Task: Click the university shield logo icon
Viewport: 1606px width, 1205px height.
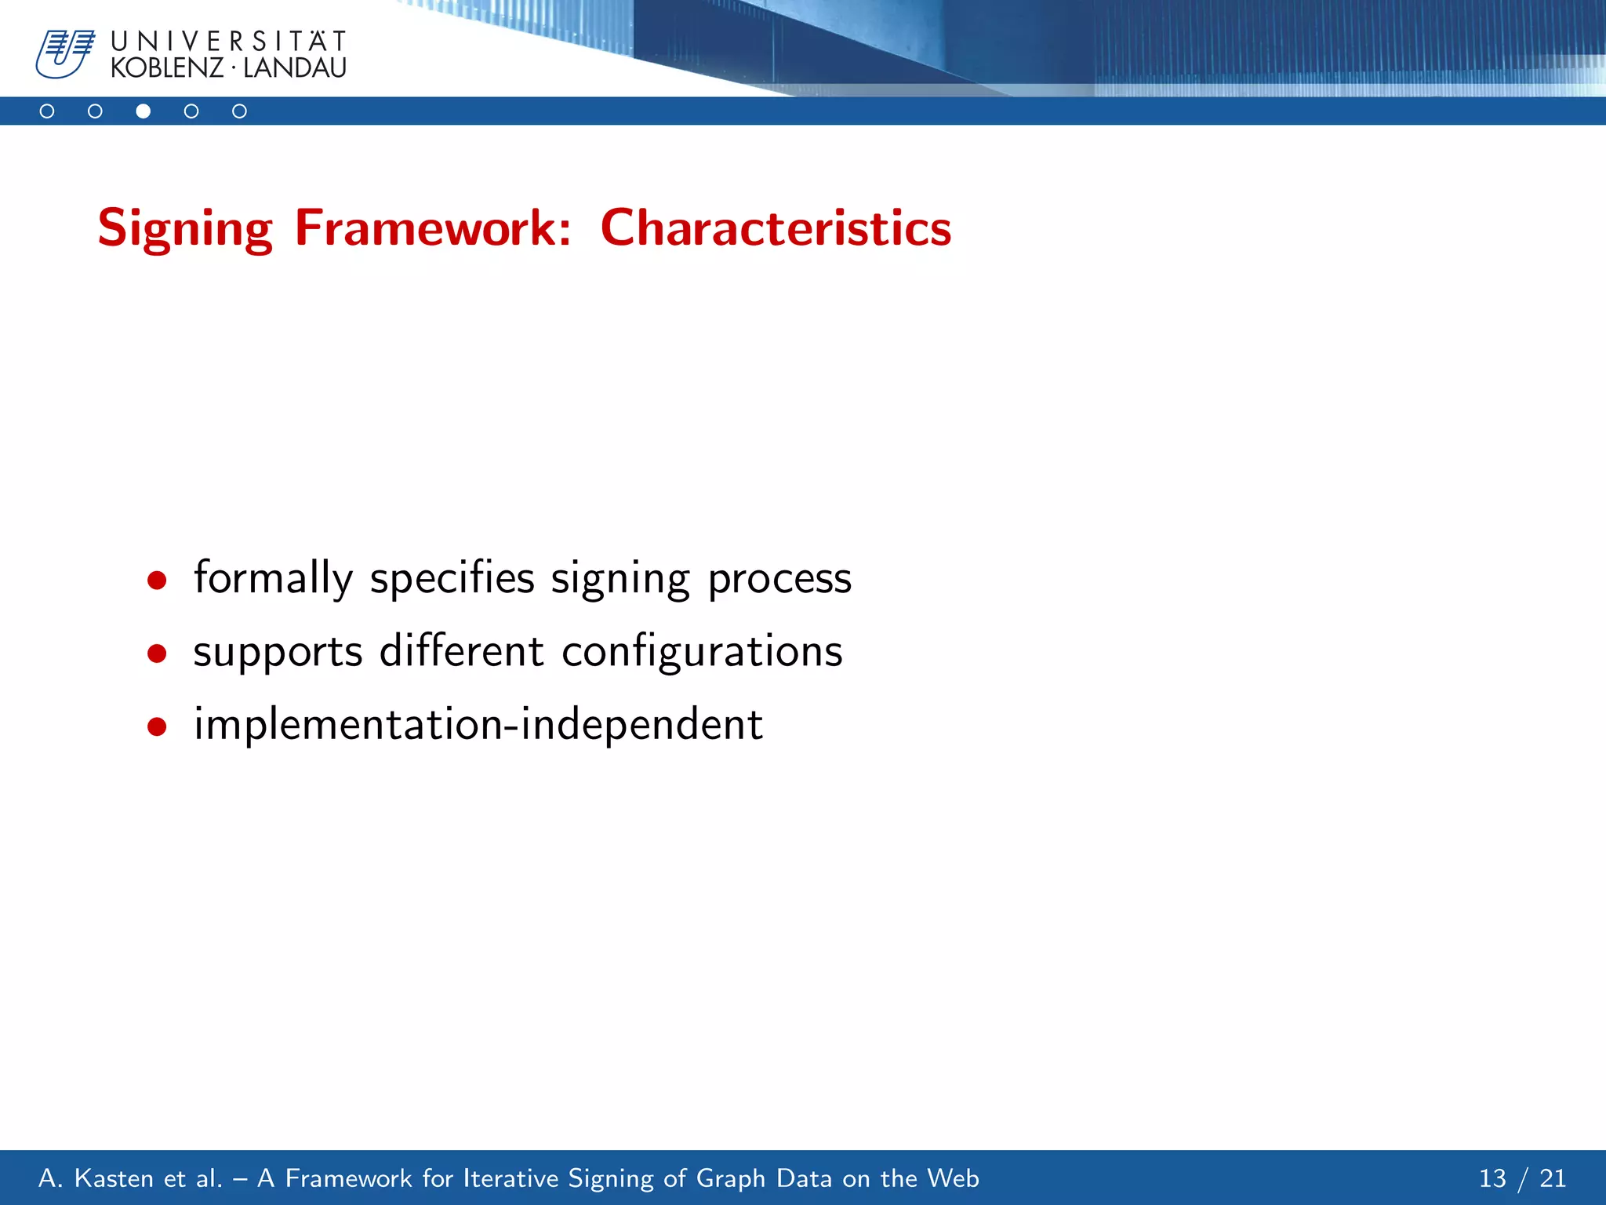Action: click(64, 53)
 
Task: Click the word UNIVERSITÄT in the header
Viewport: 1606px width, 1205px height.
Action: click(228, 41)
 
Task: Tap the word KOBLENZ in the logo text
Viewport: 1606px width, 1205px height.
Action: click(167, 68)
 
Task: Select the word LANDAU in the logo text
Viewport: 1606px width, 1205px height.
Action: click(294, 68)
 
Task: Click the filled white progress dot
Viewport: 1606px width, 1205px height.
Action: click(143, 111)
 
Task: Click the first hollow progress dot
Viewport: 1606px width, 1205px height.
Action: click(47, 111)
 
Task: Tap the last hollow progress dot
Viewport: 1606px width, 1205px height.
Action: click(239, 111)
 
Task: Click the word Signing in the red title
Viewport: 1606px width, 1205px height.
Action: click(185, 228)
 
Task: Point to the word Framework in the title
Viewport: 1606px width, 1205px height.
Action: click(433, 228)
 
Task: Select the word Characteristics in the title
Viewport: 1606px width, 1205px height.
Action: click(776, 228)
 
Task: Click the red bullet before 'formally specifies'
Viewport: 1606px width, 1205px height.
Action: click(157, 581)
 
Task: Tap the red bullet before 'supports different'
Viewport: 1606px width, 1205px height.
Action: click(157, 653)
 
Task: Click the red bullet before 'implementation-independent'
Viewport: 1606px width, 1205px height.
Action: click(157, 726)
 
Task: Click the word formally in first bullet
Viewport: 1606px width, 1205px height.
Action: click(274, 579)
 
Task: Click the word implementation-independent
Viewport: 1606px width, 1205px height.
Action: click(478, 724)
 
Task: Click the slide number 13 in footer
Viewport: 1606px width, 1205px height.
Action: click(1492, 1178)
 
